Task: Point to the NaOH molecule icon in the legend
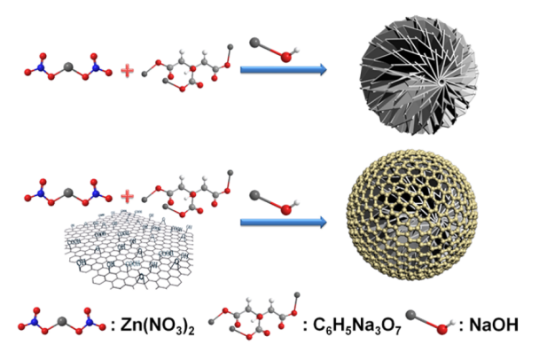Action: [x=431, y=321]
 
